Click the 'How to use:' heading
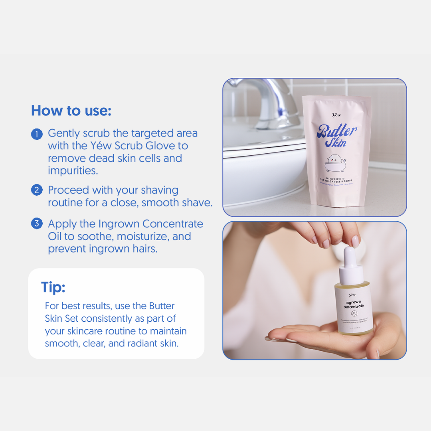(71, 111)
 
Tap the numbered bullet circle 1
(36, 134)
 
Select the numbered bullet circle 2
(36, 190)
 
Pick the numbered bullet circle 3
(36, 224)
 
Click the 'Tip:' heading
(53, 287)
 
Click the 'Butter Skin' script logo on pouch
(336, 135)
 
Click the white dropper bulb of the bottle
(350, 257)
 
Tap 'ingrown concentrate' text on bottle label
(354, 304)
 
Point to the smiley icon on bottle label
(354, 314)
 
